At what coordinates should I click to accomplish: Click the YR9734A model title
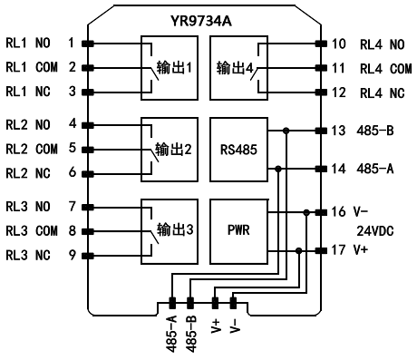point(201,21)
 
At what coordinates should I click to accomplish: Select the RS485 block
point(238,150)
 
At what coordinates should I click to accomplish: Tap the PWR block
point(238,231)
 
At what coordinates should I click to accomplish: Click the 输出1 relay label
point(174,67)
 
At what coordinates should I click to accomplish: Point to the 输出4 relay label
point(235,68)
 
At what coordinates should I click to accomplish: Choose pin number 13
point(338,131)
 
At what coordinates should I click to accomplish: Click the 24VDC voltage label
point(375,231)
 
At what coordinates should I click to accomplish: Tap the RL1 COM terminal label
point(32,67)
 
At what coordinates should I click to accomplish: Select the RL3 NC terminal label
point(28,255)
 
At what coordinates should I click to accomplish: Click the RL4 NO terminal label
point(383,44)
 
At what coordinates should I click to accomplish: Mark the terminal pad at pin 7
point(88,208)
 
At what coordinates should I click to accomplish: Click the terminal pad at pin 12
point(321,92)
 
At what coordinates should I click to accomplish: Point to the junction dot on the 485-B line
point(286,131)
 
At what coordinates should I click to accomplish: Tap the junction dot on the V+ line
point(299,250)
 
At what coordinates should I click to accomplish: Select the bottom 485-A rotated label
point(172,334)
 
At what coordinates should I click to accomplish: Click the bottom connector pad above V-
point(233,303)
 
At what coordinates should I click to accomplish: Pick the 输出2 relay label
point(173,150)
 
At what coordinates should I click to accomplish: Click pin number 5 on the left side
point(73,148)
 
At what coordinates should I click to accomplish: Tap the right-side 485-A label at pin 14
point(375,169)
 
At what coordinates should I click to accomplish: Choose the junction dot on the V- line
point(306,212)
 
